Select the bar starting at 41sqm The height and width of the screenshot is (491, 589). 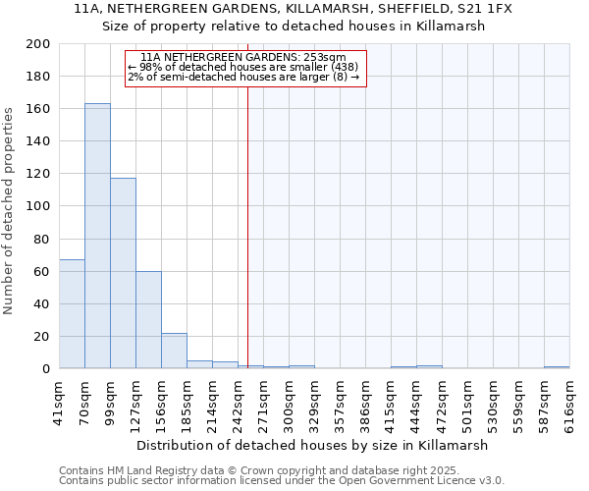[x=72, y=314]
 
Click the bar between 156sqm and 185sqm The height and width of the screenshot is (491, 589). [x=174, y=351]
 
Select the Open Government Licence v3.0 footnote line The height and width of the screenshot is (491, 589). [x=282, y=481]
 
